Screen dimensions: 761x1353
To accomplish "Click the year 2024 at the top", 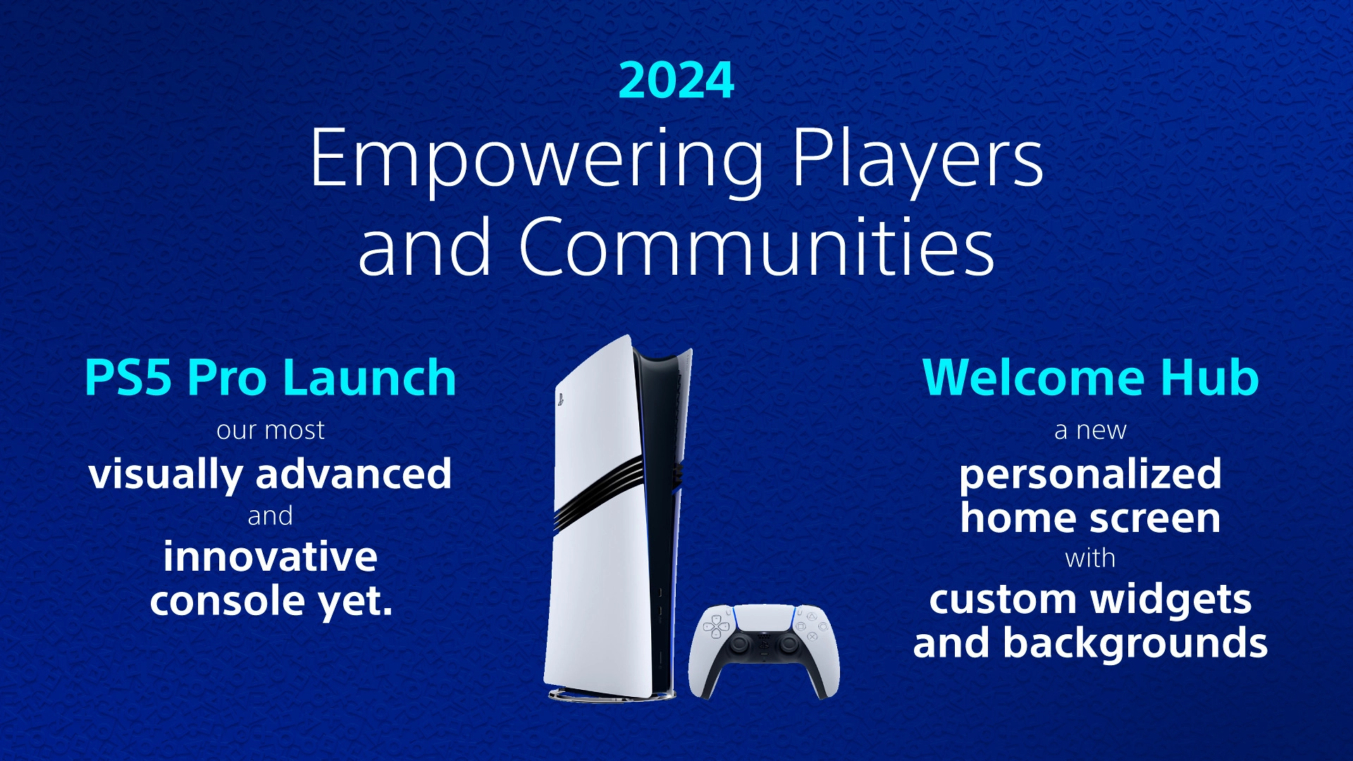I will click(x=676, y=80).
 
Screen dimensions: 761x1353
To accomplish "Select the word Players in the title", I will click(x=917, y=160).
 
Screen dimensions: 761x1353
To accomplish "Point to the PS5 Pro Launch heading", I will click(x=271, y=378).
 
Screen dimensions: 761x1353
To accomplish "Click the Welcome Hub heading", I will click(x=1090, y=378).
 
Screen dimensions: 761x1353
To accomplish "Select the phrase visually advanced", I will click(x=271, y=474).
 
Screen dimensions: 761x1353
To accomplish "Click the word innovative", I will click(x=271, y=557).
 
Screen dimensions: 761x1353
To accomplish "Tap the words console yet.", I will click(x=271, y=601).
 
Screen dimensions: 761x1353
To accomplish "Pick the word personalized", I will click(x=1090, y=474).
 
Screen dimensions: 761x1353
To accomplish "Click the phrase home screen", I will click(x=1090, y=518).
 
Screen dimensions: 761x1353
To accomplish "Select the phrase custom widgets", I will click(x=1090, y=600).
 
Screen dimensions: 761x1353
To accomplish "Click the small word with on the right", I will click(x=1090, y=558).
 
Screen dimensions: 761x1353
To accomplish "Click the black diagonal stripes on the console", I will click(x=599, y=486).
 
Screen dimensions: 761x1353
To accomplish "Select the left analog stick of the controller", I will click(x=740, y=643).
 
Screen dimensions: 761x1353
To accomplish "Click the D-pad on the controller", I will click(x=717, y=626).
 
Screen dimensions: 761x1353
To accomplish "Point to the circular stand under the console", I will click(x=606, y=696).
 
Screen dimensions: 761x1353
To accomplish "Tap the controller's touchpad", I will click(x=764, y=618).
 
